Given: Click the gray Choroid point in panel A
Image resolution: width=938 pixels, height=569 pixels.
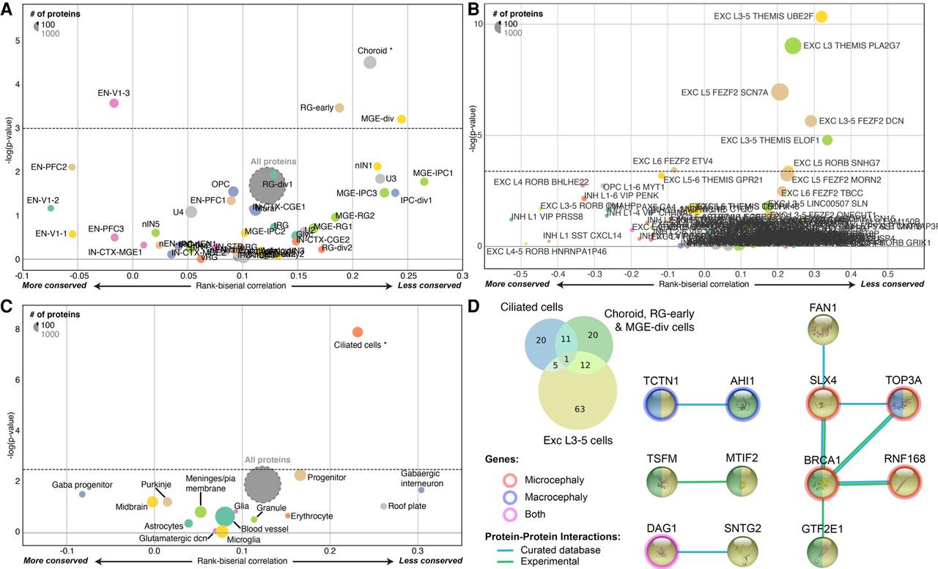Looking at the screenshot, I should tap(370, 62).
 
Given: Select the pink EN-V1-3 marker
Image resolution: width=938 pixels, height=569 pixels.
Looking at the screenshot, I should tap(114, 103).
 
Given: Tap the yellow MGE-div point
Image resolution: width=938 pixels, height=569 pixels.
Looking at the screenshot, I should tap(402, 119).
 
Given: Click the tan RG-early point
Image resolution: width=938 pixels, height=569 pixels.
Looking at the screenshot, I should tap(339, 108).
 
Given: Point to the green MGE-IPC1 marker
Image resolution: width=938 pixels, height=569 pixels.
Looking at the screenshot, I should tap(424, 182).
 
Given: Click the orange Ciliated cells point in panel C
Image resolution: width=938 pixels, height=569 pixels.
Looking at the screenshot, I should tap(357, 332).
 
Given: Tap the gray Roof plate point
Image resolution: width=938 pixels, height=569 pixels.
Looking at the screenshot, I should tap(383, 506).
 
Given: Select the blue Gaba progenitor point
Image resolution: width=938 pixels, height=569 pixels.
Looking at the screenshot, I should tap(82, 494).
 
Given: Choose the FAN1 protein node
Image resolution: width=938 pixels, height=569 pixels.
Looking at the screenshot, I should tap(825, 332).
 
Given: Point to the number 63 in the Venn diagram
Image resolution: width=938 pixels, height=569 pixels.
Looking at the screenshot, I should tap(580, 409).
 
